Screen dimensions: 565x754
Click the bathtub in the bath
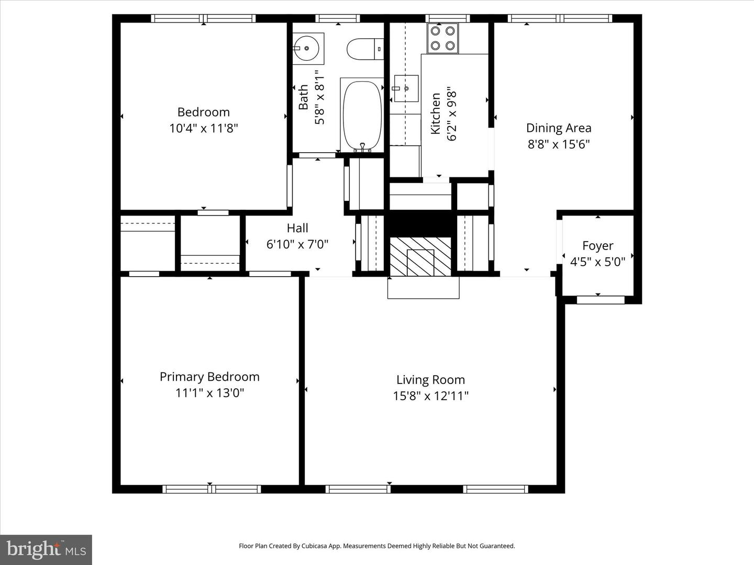click(362, 115)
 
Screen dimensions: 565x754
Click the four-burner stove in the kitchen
click(442, 38)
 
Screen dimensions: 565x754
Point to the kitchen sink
click(406, 88)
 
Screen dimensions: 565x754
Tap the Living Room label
click(430, 380)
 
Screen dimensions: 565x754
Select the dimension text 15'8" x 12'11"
click(430, 396)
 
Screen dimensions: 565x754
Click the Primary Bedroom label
click(209, 377)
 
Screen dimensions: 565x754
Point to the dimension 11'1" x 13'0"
click(209, 393)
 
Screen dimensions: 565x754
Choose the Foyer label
click(597, 245)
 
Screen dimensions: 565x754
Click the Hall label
click(297, 228)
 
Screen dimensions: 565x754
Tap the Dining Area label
click(559, 128)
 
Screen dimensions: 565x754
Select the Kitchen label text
click(436, 114)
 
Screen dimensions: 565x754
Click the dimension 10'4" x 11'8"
click(204, 128)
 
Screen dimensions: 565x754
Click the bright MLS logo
click(46, 549)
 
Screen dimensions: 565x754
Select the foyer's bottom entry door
click(601, 300)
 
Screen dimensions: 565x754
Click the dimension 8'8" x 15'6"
click(559, 144)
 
